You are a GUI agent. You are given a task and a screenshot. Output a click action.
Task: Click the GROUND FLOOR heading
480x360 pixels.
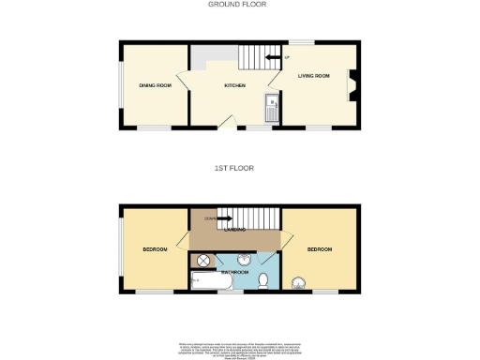[x=237, y=5]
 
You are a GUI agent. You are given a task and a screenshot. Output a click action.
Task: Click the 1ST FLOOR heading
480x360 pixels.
[x=234, y=168]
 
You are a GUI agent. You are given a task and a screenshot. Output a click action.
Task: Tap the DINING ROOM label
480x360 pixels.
[x=155, y=85]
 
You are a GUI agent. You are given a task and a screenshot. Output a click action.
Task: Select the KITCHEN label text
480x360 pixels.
[x=234, y=85]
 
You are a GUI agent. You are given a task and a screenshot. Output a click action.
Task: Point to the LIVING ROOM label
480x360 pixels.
[x=314, y=75]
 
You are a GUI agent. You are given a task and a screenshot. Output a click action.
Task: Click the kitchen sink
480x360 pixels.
[x=271, y=108]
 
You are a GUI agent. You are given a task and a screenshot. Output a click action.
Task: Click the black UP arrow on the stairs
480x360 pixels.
[x=272, y=58]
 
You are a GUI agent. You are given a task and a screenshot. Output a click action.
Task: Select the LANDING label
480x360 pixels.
[x=234, y=229]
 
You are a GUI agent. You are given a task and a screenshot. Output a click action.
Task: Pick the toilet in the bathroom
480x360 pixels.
[x=265, y=279]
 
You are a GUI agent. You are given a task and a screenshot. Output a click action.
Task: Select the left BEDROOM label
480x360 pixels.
[x=155, y=249]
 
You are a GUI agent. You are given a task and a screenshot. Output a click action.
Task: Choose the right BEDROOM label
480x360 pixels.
[x=319, y=249]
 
